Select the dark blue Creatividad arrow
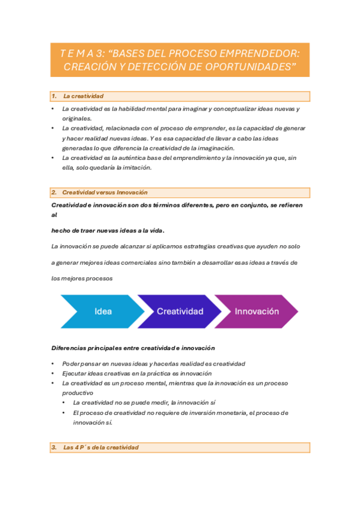coord(180,312)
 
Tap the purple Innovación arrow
coord(257,312)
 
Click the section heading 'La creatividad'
coord(84,96)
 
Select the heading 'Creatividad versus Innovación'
coord(105,192)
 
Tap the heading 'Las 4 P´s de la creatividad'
coord(100,447)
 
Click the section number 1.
coord(54,96)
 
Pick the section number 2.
coord(54,192)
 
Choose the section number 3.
coord(54,447)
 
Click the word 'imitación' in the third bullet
coord(135,168)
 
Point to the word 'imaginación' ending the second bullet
coord(216,148)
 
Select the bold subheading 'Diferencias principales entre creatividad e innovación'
coord(133,348)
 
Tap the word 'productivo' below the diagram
coord(78,392)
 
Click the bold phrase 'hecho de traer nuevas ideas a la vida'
coord(108,230)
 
